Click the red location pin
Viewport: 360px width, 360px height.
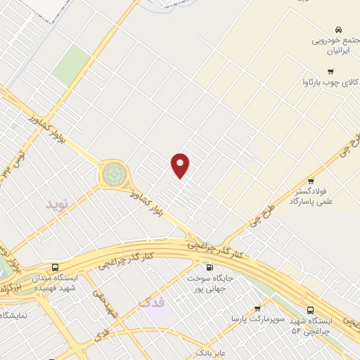coord(181,165)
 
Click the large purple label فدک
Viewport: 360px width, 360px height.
coord(152,302)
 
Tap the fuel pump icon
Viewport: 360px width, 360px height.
coord(209,267)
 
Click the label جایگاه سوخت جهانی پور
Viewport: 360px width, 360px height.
coord(209,284)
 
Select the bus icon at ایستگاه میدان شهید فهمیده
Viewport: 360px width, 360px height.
coord(56,267)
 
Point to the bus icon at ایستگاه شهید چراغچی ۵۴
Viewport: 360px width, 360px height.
coord(311,310)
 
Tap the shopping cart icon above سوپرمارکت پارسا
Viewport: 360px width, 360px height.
coord(257,308)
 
